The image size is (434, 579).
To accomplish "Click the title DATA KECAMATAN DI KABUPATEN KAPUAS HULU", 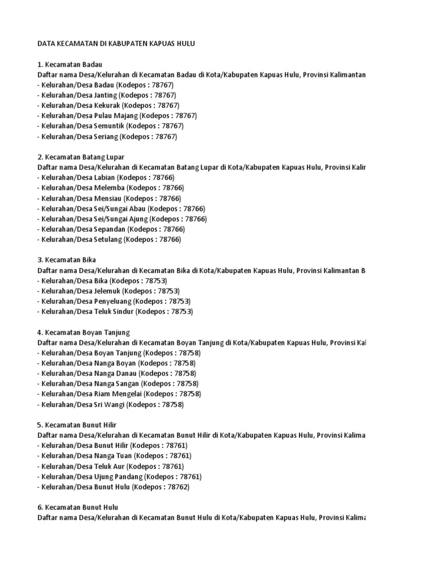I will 116,44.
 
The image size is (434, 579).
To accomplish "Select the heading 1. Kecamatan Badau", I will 70,64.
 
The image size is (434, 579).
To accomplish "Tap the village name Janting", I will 107,95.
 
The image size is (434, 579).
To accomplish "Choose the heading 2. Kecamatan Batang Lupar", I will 81,157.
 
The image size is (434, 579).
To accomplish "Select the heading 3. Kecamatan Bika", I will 66,260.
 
